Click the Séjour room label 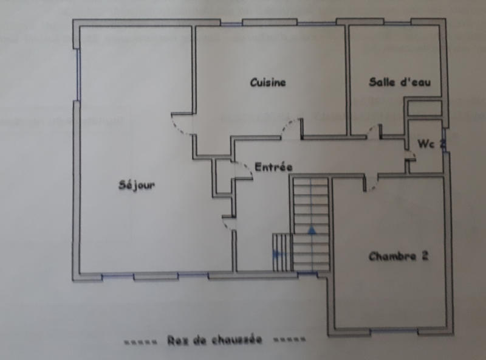(136, 185)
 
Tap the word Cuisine (268, 83)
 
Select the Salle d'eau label (400, 83)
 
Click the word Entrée (273, 167)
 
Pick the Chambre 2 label (399, 256)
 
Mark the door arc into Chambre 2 (371, 182)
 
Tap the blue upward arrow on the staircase (312, 230)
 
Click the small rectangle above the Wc (424, 108)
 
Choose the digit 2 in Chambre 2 (425, 256)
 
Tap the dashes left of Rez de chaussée (141, 341)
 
